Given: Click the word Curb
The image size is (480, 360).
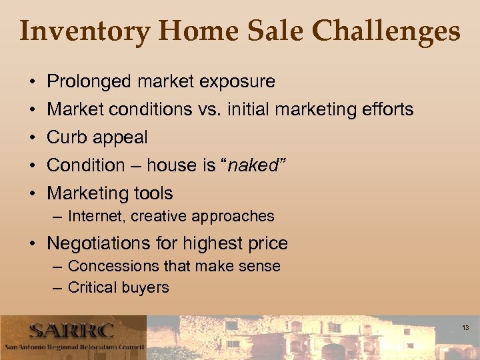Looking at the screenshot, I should tap(65, 137).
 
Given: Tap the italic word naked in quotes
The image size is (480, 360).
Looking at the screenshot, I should tap(253, 165).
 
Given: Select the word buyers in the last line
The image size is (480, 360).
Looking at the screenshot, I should tap(147, 288).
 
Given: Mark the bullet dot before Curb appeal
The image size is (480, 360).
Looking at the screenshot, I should tap(33, 138).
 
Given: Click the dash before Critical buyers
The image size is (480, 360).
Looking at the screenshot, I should tap(58, 288).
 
